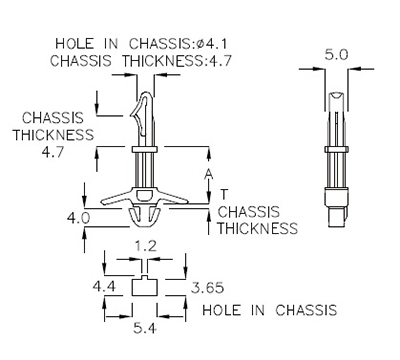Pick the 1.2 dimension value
(x=145, y=244)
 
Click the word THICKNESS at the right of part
(x=257, y=228)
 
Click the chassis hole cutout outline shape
(x=145, y=287)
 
